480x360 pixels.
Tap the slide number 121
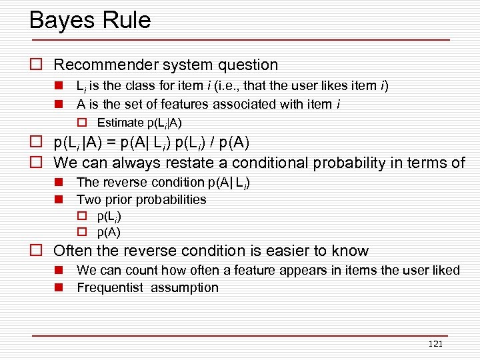click(x=435, y=344)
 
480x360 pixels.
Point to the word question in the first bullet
click(x=247, y=65)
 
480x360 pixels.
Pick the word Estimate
click(x=120, y=123)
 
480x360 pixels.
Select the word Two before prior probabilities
click(x=88, y=199)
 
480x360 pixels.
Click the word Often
click(x=73, y=251)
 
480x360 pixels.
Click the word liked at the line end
click(x=446, y=271)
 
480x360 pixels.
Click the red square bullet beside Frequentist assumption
click(x=59, y=288)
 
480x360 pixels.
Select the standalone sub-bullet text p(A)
click(x=109, y=233)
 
